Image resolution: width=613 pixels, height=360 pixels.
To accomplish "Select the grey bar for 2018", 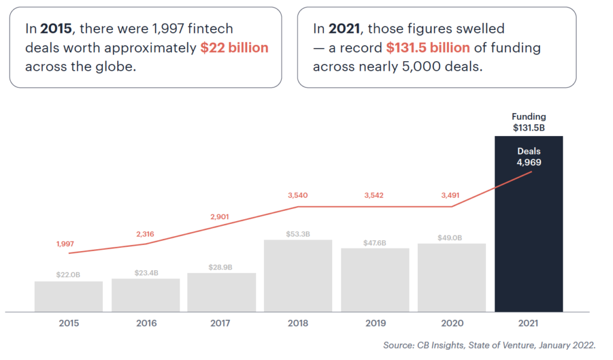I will pyautogui.click(x=298, y=276).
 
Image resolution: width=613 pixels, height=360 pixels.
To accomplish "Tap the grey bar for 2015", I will pyautogui.click(x=69, y=297).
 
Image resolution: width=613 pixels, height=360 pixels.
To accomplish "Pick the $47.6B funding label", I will pyautogui.click(x=375, y=243).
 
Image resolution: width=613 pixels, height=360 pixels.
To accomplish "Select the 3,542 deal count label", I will pyautogui.click(x=375, y=195).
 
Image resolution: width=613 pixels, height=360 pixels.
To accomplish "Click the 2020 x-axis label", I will pyautogui.click(x=451, y=323).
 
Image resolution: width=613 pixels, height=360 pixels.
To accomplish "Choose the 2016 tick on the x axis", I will pyautogui.click(x=146, y=323).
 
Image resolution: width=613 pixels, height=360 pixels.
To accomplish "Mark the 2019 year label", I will pyautogui.click(x=375, y=323).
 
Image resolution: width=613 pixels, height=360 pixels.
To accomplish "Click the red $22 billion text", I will pyautogui.click(x=235, y=48).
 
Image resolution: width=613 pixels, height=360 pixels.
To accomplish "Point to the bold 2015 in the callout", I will pyautogui.click(x=56, y=28).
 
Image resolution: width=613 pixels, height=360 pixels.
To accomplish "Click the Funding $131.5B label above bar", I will pyautogui.click(x=529, y=122).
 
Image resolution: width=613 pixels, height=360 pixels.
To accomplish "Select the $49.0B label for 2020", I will pyautogui.click(x=451, y=238).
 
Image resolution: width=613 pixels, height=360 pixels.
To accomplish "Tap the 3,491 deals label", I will pyautogui.click(x=451, y=195).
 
